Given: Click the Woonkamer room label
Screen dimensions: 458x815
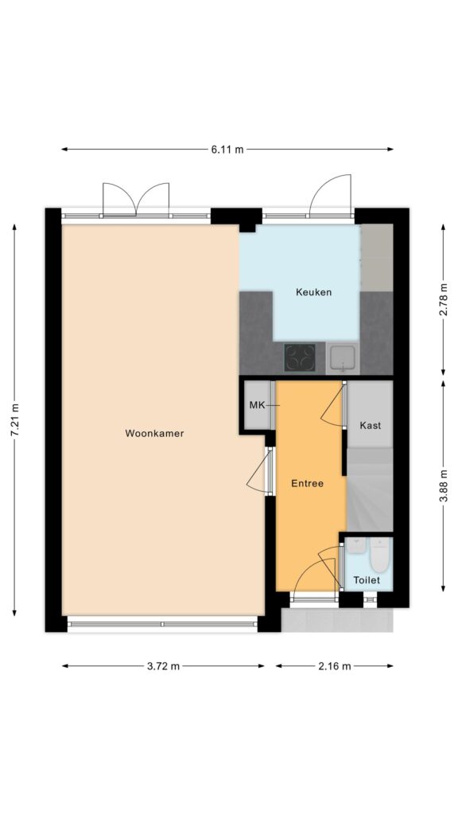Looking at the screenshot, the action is coord(154,433).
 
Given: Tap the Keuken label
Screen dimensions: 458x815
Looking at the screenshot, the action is coord(313,291).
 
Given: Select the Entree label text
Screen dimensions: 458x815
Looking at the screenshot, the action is coord(307,483).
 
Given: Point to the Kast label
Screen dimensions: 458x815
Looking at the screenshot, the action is coord(371,425).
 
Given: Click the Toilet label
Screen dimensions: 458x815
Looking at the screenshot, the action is coord(367,580).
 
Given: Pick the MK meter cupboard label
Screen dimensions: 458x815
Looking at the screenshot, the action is coord(257,405).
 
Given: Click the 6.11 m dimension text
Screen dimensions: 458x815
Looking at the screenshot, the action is coord(227,150).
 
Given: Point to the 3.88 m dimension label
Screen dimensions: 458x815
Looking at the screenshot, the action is coord(443,485).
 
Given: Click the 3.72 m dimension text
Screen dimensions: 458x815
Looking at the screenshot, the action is coord(163,666).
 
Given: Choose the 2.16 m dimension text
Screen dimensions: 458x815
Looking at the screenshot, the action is coord(335,666).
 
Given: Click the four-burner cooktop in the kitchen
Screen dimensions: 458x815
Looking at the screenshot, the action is coord(300,357).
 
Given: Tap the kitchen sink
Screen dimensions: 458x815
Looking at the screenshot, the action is coord(343,357).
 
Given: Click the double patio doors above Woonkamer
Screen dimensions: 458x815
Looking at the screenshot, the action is coord(136,199).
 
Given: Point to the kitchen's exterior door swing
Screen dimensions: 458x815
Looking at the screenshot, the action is coord(331,195).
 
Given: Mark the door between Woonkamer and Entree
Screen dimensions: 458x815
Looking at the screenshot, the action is coord(260,471).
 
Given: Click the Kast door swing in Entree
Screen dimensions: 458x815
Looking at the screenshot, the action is coord(333,406).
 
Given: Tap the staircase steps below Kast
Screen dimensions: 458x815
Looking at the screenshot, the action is coord(369,489).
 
